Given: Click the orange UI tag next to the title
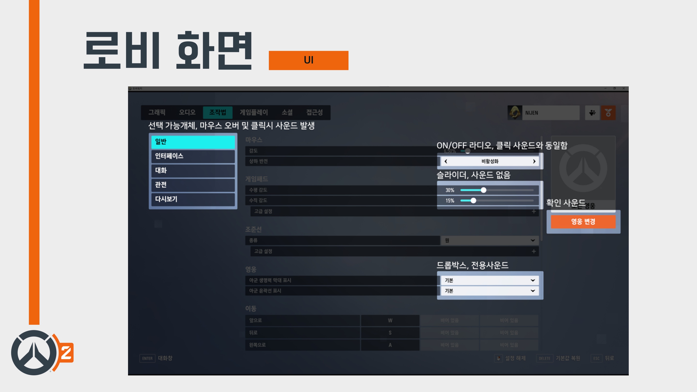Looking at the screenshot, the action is pyautogui.click(x=309, y=60).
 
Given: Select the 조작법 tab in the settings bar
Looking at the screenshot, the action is pyautogui.click(x=218, y=112).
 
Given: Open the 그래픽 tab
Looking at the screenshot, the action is pyautogui.click(x=157, y=112).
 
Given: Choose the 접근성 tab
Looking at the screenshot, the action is pyautogui.click(x=314, y=112).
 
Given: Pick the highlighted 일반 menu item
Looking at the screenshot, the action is pyautogui.click(x=193, y=142).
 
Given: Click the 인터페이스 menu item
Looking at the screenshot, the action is pyautogui.click(x=193, y=156).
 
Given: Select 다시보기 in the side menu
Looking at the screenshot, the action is pyautogui.click(x=193, y=199).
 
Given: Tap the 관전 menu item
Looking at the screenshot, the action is pyautogui.click(x=193, y=185).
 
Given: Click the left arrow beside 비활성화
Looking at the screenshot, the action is pyautogui.click(x=446, y=161).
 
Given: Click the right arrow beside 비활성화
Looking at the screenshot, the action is pyautogui.click(x=534, y=161).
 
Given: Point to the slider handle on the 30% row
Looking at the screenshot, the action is pyautogui.click(x=484, y=190).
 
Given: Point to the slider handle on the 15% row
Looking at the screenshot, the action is pyautogui.click(x=473, y=200).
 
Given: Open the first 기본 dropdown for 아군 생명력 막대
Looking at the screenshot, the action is pyautogui.click(x=490, y=280).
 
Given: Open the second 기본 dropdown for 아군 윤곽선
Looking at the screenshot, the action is pyautogui.click(x=490, y=291).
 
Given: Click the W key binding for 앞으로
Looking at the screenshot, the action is pyautogui.click(x=390, y=321).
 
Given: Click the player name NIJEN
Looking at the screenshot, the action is pyautogui.click(x=532, y=113).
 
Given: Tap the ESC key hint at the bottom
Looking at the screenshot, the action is pyautogui.click(x=596, y=358).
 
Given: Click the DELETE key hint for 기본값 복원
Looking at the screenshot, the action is pyautogui.click(x=544, y=358).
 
